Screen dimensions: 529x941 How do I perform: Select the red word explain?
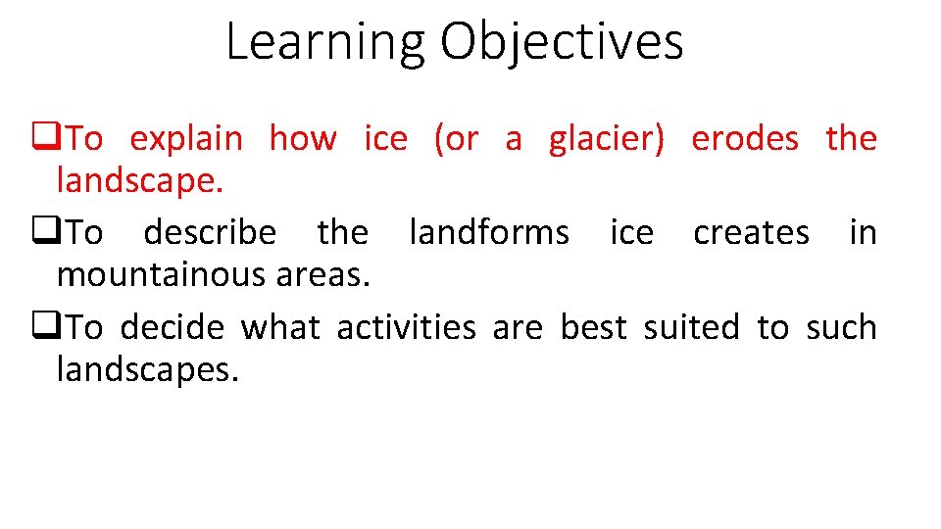(x=186, y=139)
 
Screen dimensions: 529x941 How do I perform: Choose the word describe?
(x=210, y=233)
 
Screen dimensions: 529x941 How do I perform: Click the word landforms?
(x=488, y=233)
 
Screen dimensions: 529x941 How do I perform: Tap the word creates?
(x=751, y=233)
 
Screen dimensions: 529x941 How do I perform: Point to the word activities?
(x=406, y=327)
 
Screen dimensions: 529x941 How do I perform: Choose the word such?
(x=841, y=327)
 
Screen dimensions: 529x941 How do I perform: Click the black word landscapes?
(x=147, y=369)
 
